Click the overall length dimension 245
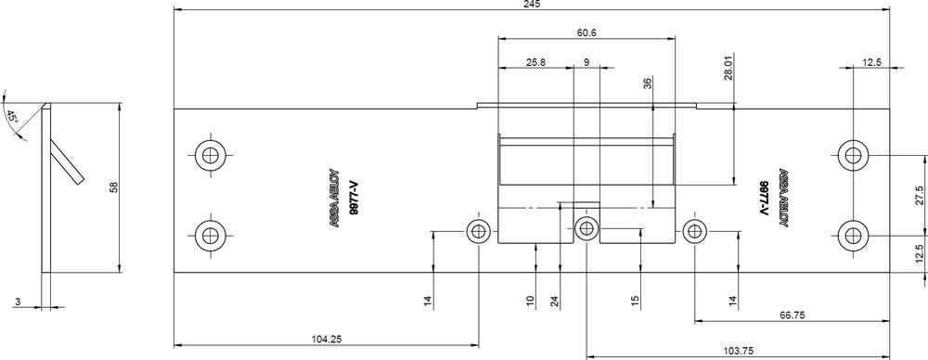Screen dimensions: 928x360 [x=532, y=4]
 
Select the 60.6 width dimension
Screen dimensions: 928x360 [x=586, y=33]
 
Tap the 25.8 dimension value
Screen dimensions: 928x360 [x=535, y=62]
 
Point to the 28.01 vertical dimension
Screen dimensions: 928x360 [x=728, y=69]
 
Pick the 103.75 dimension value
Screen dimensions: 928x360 [x=738, y=351]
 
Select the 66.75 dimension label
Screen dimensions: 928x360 [x=792, y=315]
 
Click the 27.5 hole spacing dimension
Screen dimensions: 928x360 [x=919, y=196]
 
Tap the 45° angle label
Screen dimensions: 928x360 [x=12, y=116]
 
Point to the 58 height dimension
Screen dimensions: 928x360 [x=114, y=187]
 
